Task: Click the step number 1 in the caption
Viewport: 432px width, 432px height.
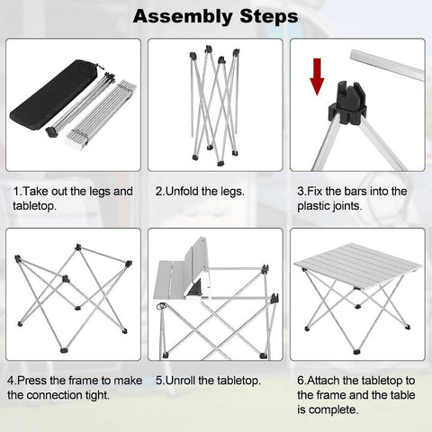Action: pos(16,192)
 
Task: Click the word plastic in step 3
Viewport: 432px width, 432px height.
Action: pos(316,206)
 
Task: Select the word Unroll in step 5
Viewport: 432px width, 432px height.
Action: pos(188,381)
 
